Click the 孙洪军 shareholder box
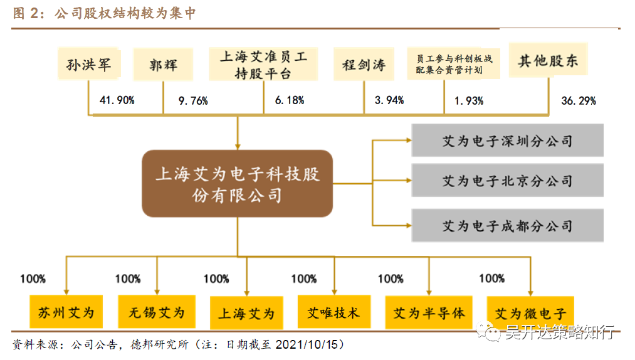pos(88,64)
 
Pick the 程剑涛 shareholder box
pos(364,64)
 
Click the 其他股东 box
pos(547,61)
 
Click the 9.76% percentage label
pos(193,100)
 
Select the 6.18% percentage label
pos(290,100)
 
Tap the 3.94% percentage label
pos(389,100)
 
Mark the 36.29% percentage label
pos(578,100)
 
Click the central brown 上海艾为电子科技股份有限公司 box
pos(237,184)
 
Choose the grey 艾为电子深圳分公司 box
pos(507,140)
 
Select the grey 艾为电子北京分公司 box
pos(507,181)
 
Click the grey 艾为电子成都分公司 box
pos(507,225)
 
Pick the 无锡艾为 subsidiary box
pos(157,312)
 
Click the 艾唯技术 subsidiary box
pos(333,312)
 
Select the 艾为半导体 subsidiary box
pos(429,312)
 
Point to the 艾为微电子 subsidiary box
pos(530,312)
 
